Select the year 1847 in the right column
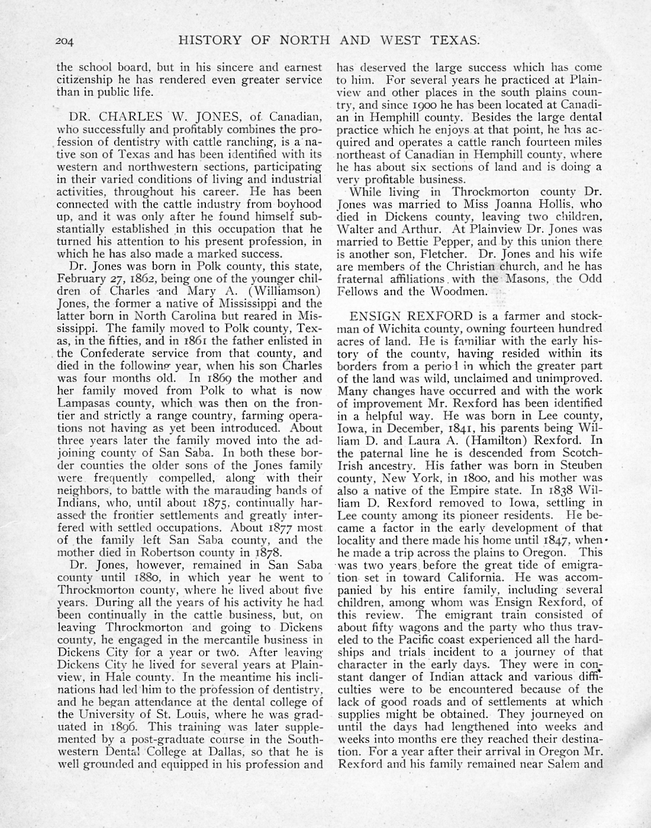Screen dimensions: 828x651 (556, 540)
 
